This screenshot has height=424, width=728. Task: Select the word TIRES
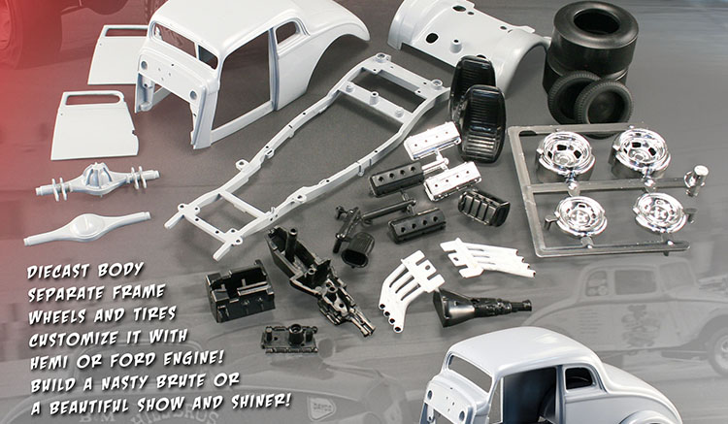point(154,314)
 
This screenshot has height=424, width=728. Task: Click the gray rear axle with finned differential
point(97,180)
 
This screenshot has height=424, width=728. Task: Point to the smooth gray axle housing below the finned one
point(87,228)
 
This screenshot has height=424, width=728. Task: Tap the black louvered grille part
point(483,207)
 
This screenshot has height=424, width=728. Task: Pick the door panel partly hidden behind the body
point(117,54)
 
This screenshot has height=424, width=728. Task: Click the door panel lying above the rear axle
point(95,125)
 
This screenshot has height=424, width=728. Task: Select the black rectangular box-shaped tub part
point(240,291)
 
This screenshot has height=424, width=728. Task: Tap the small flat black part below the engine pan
point(289,339)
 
